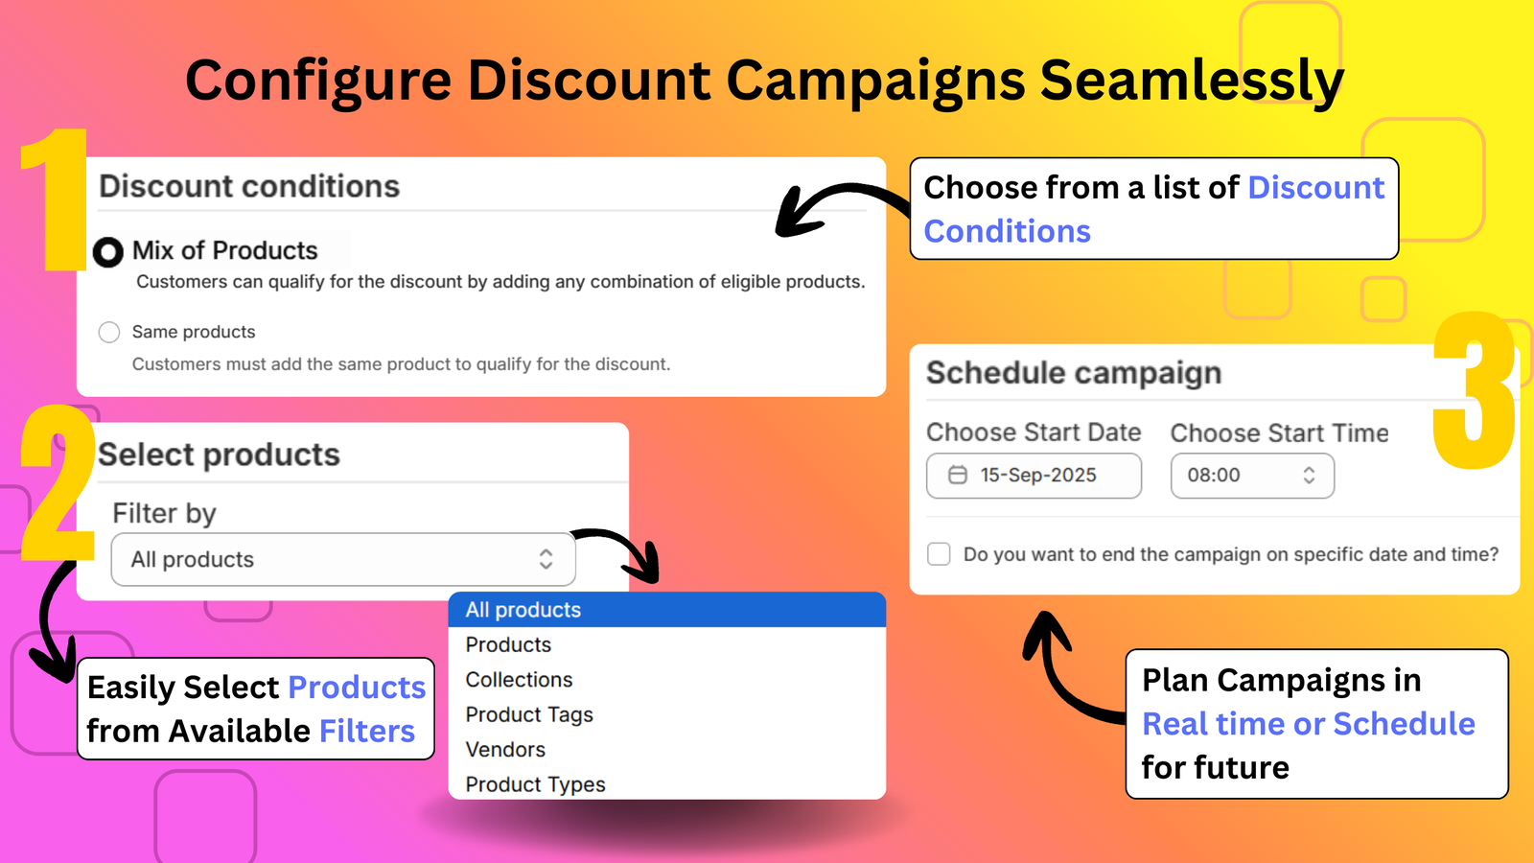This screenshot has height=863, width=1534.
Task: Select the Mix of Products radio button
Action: (x=108, y=252)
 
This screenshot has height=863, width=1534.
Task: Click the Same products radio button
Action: (x=109, y=332)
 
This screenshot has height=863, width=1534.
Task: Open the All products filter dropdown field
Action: (x=343, y=560)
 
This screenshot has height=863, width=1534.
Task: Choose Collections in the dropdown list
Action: (x=519, y=680)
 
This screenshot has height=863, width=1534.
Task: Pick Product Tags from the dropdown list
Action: (x=529, y=714)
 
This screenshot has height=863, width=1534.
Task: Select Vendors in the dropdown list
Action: (x=505, y=750)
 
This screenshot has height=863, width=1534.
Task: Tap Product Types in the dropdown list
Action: (x=535, y=784)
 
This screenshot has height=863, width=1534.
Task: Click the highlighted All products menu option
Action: (x=523, y=610)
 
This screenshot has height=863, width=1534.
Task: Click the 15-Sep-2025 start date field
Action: (x=1034, y=476)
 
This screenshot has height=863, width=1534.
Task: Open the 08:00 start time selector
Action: (x=1251, y=476)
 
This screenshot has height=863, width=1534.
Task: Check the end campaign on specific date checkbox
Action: (x=939, y=554)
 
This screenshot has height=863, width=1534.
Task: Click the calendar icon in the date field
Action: (x=957, y=476)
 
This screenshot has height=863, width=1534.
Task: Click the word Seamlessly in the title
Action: (x=1191, y=81)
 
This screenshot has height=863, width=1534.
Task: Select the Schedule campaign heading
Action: (x=1074, y=373)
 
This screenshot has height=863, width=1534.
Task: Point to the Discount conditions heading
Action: (x=249, y=186)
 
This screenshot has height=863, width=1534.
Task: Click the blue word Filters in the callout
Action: (x=367, y=732)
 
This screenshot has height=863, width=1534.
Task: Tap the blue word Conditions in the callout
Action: (x=1007, y=232)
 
